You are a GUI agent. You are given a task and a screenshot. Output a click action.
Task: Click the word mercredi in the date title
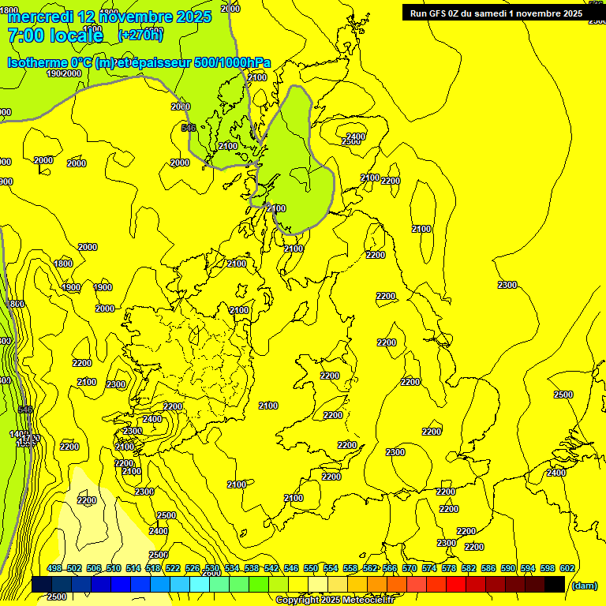tap(37, 16)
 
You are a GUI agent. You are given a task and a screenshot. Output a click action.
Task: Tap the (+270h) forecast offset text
tap(140, 34)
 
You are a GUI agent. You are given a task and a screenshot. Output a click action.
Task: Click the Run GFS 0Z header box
tap(496, 13)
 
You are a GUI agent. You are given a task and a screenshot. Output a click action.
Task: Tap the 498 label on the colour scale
tap(54, 568)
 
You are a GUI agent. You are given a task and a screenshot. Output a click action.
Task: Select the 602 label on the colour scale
tap(567, 568)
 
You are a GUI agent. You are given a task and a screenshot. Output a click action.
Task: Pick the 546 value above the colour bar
tap(291, 568)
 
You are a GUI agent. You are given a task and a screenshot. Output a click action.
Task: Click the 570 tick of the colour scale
tap(410, 568)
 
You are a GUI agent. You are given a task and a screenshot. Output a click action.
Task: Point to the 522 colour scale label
tap(173, 568)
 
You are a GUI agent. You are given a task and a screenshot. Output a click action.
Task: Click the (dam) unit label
tap(583, 585)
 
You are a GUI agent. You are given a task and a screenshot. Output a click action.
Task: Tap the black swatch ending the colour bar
tap(555, 584)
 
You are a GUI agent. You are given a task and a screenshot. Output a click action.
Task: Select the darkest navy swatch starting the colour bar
tap(42, 584)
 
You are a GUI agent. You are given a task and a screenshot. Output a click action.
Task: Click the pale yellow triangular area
tap(87, 513)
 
